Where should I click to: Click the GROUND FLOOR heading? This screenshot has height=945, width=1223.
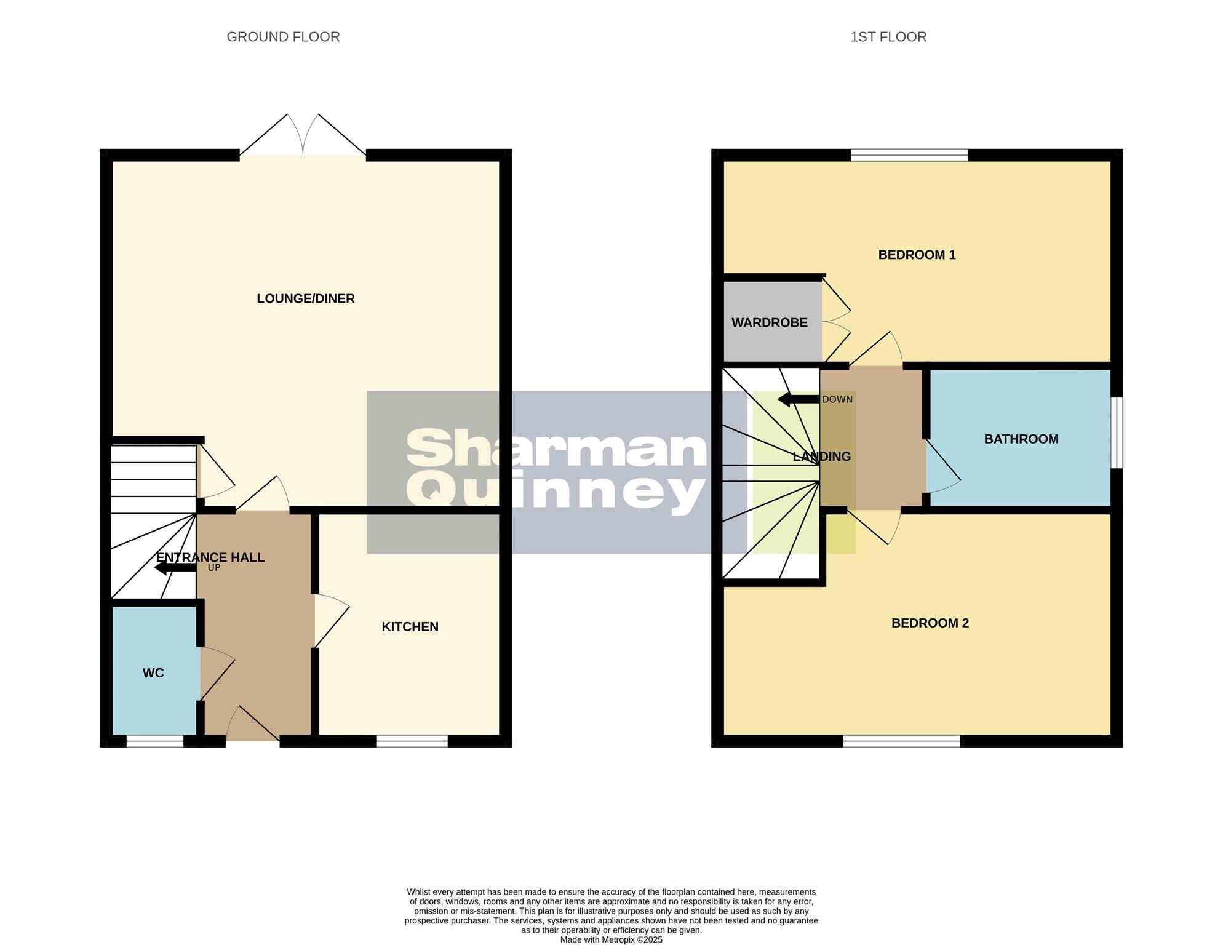(x=283, y=37)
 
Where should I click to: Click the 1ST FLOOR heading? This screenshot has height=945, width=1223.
(x=888, y=37)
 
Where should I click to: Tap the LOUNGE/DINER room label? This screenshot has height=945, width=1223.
(x=305, y=298)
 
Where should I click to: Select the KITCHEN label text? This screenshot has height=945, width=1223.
(x=410, y=626)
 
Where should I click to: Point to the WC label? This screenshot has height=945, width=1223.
(x=153, y=673)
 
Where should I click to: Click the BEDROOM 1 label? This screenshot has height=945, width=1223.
(x=916, y=255)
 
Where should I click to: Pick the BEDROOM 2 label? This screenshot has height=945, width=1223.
(x=930, y=623)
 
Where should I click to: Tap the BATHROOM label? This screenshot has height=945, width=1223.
(x=1021, y=439)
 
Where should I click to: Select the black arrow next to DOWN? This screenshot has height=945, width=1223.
(x=797, y=399)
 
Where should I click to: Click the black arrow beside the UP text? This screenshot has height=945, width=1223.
(x=175, y=567)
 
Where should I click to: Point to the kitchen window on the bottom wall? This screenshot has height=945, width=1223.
(x=412, y=741)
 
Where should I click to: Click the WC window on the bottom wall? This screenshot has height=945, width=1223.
(x=154, y=741)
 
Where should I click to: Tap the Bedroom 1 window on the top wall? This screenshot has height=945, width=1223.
(x=909, y=155)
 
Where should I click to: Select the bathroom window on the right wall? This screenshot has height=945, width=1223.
(x=1117, y=433)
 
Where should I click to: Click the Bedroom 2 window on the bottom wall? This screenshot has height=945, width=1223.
(x=901, y=741)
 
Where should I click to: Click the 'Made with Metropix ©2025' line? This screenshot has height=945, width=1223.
(x=611, y=939)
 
